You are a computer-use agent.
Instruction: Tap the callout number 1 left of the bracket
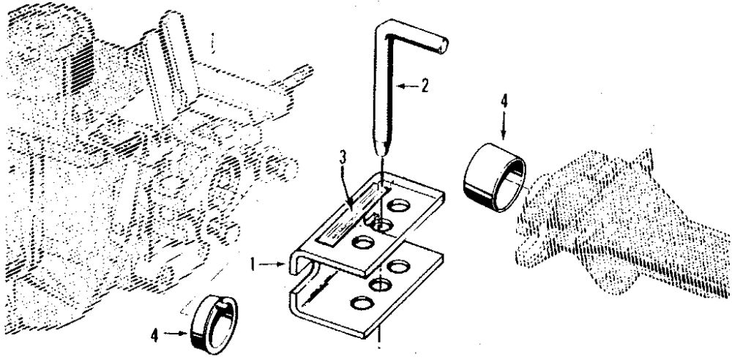252,260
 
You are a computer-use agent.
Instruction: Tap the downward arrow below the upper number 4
504,124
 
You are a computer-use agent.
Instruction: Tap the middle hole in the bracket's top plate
379,224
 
